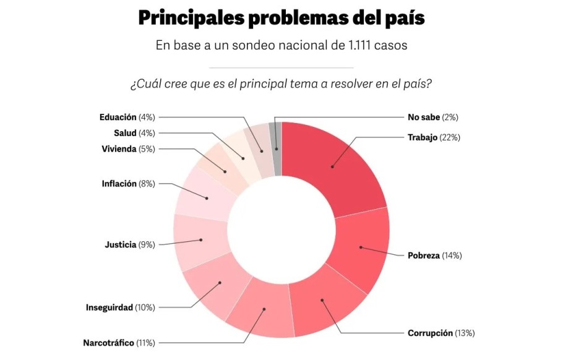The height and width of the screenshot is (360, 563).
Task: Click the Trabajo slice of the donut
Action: (332, 167)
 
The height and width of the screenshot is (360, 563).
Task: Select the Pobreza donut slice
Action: (361, 247)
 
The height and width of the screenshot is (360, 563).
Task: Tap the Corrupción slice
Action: (322, 301)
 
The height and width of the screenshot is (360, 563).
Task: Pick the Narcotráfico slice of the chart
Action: (264, 309)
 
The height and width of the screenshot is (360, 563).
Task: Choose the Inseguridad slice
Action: (220, 283)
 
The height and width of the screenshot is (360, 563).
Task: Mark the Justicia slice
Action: (200, 240)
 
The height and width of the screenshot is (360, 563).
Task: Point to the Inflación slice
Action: (207, 198)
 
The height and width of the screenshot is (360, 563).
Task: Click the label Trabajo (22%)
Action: (434, 137)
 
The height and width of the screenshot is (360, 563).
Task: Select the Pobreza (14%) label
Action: (434, 255)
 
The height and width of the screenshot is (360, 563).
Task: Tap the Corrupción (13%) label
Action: (441, 333)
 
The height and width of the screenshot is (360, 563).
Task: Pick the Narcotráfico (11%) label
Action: (119, 343)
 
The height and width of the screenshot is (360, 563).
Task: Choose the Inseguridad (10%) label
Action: (120, 307)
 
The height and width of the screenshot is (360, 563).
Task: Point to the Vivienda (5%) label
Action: (128, 149)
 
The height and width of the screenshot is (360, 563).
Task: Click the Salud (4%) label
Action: (134, 133)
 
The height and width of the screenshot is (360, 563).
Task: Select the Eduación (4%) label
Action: (127, 118)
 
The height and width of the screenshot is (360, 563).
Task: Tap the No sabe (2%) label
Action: (432, 118)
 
